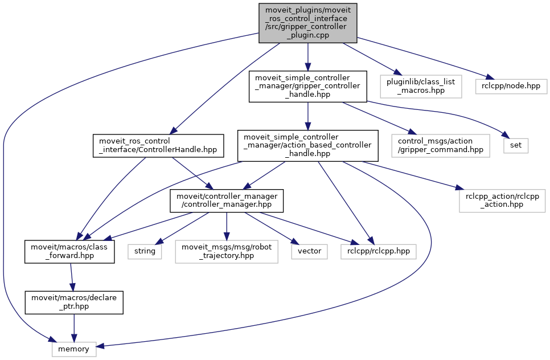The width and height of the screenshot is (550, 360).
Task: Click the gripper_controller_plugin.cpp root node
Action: pyautogui.click(x=307, y=22)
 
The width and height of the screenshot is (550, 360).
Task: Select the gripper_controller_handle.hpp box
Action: pyautogui.click(x=307, y=87)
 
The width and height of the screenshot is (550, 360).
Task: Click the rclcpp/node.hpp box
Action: pyautogui.click(x=511, y=86)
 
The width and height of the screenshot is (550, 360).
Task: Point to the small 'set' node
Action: pyautogui.click(x=515, y=145)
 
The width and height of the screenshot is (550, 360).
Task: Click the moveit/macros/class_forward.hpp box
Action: pyautogui.click(x=69, y=251)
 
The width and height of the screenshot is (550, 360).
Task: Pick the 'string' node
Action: pyautogui.click(x=145, y=251)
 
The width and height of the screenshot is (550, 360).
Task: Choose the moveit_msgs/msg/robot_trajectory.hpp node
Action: pyautogui.click(x=227, y=251)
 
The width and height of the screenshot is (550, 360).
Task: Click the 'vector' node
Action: pyautogui.click(x=309, y=251)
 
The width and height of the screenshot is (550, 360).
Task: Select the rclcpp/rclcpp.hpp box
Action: pyautogui.click(x=378, y=251)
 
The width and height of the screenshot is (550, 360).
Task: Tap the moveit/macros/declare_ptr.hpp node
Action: pyautogui.click(x=74, y=302)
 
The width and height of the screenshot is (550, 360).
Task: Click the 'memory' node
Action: pyautogui.click(x=74, y=349)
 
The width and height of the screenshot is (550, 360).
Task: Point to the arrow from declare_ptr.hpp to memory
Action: pyautogui.click(x=74, y=327)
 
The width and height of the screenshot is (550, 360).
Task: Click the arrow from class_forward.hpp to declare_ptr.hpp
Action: pyautogui.click(x=72, y=277)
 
